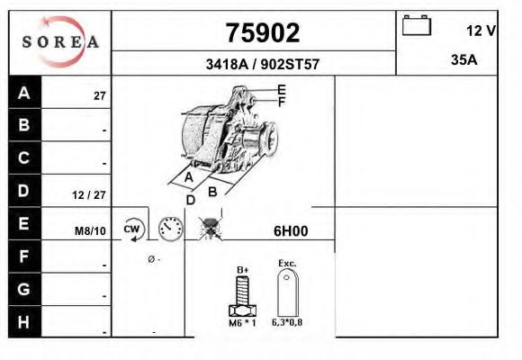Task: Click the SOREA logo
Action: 60,41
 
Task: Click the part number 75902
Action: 263,33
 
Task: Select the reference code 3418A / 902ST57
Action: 262,64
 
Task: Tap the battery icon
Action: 417,25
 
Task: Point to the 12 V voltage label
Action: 481,31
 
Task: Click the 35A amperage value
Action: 464,60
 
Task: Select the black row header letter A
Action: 24,93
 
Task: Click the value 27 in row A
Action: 100,96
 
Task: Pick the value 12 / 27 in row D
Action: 89,194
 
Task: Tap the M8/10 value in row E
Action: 90,230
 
